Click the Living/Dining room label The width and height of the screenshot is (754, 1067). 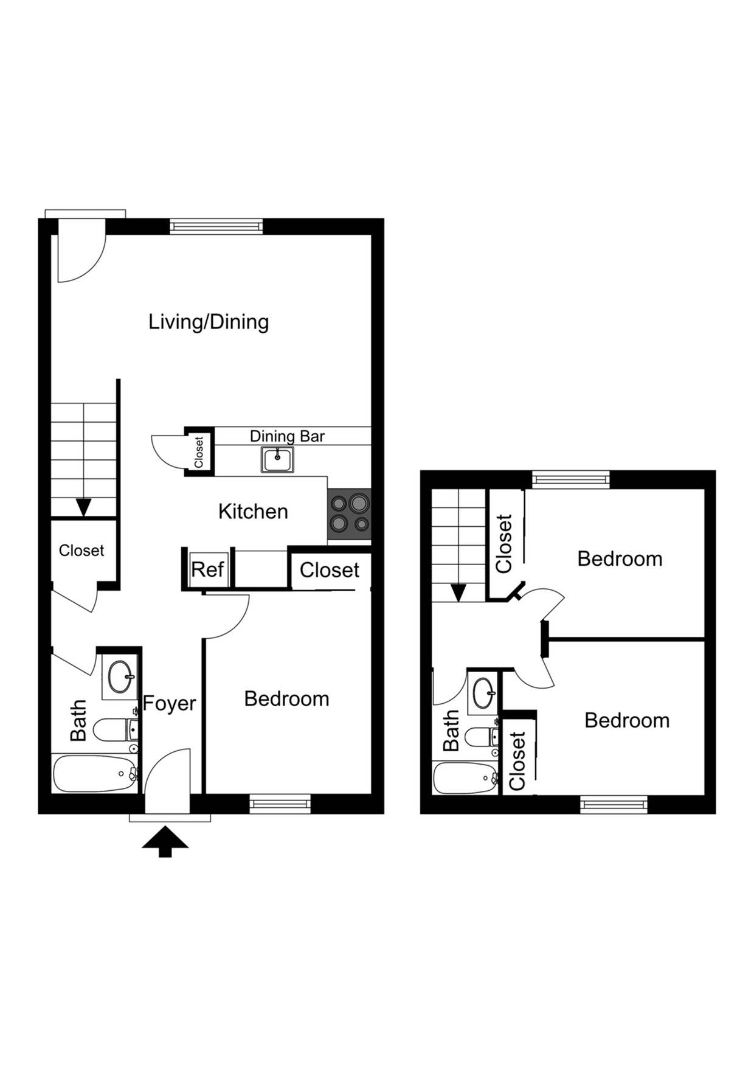209,322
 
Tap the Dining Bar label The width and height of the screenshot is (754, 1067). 287,436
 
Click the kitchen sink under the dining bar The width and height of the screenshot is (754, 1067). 278,459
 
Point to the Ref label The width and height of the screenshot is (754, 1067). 207,570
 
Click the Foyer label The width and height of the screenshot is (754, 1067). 169,703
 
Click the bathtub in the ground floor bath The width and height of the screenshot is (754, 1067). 94,774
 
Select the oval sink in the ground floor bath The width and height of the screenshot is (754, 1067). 120,676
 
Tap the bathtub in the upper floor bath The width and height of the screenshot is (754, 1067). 465,778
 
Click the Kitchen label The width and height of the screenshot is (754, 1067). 253,512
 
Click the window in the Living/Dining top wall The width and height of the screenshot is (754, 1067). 216,226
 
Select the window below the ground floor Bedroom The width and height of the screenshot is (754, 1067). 280,805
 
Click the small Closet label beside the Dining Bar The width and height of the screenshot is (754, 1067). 199,452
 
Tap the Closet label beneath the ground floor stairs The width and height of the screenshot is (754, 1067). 81,551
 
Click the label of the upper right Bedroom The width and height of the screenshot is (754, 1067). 620,559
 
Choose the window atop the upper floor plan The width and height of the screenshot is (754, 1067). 570,479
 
